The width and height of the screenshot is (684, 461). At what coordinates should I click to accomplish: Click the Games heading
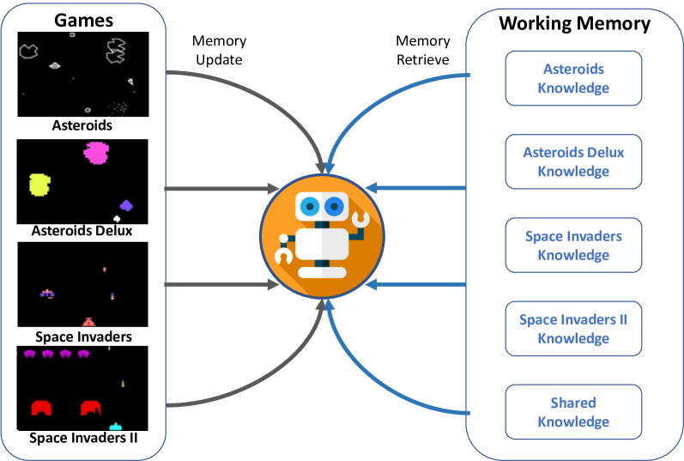pos(82,19)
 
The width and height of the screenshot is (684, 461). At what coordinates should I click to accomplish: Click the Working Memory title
pos(574,23)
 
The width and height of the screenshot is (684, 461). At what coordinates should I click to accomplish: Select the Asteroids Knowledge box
pos(573,78)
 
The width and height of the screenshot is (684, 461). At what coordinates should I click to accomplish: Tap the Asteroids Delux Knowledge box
pos(573,161)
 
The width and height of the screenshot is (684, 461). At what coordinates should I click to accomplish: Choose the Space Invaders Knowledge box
pos(573,246)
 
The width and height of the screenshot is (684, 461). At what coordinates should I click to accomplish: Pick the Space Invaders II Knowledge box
pos(573,329)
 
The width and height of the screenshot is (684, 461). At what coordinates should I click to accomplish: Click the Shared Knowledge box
pos(573,412)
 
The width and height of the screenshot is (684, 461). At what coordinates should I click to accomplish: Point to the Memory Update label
pos(219,50)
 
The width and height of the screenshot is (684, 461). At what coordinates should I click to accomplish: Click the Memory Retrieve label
pos(423,50)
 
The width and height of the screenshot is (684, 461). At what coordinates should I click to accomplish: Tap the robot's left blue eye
pos(307,205)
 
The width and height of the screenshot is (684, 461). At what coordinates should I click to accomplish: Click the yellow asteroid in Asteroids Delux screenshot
pos(39,183)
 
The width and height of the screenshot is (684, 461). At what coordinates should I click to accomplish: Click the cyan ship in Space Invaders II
pos(116,426)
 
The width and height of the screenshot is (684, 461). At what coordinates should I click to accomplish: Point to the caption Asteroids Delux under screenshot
pos(82,231)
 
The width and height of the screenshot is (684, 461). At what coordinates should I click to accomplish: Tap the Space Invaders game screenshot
pos(82,284)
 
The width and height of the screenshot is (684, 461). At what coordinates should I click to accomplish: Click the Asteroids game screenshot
pos(82,75)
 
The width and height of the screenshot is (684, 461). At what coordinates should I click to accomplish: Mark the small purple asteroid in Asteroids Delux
pos(126,205)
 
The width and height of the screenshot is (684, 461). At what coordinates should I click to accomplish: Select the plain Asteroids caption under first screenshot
pos(82,125)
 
